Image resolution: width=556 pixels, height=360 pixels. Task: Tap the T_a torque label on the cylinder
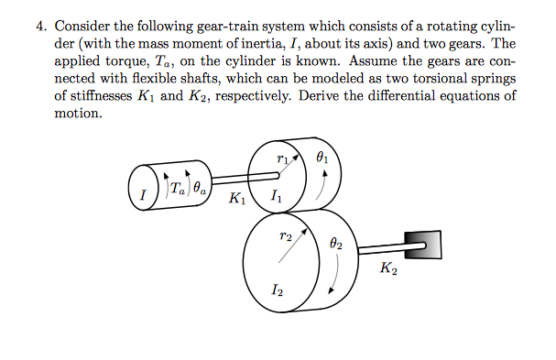click(177, 190)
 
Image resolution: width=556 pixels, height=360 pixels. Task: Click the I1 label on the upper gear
click(277, 194)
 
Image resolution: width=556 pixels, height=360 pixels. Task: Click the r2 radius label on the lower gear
click(285, 235)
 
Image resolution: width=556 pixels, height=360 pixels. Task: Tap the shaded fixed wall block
click(427, 241)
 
